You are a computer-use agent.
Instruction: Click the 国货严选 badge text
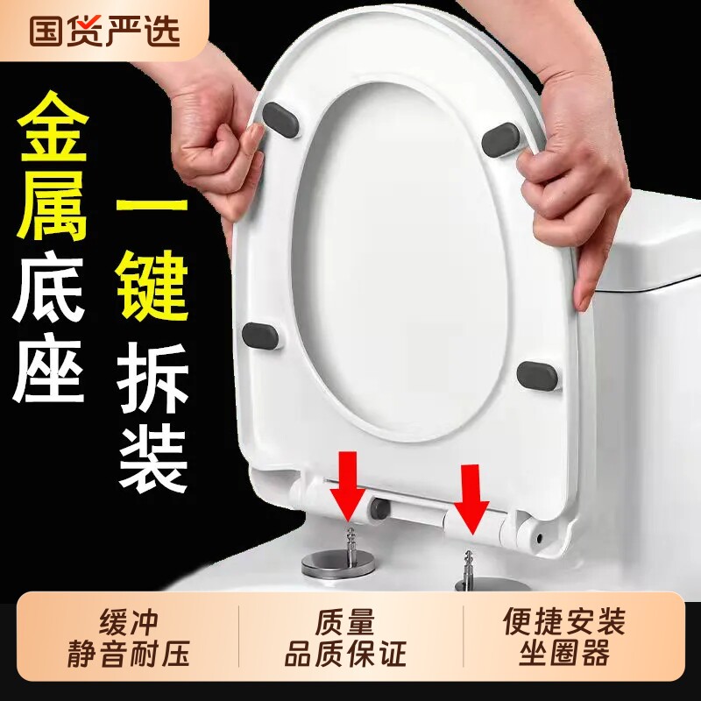[104, 30]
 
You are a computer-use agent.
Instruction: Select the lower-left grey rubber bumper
[260, 334]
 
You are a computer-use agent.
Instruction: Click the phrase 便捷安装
[564, 623]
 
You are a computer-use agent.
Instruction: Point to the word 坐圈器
[564, 654]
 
